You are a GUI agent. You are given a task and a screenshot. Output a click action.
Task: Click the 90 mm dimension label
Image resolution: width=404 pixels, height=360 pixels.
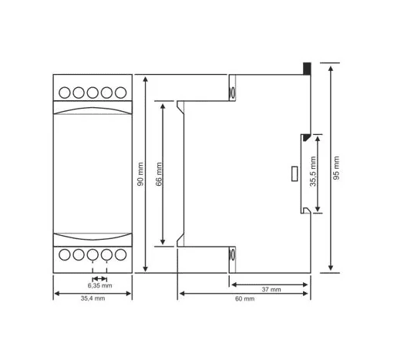click(x=140, y=174)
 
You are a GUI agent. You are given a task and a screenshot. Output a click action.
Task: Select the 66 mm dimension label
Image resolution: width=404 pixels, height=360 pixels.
click(x=159, y=174)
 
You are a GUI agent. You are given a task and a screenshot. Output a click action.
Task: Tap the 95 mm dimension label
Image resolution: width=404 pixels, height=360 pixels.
click(x=336, y=168)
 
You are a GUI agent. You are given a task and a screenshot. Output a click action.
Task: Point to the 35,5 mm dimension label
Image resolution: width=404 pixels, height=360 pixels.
click(x=313, y=171)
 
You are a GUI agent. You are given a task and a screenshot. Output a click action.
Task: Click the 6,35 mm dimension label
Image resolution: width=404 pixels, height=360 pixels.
click(x=100, y=285)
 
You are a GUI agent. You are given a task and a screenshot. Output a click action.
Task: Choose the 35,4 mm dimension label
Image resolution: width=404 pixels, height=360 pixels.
click(x=93, y=298)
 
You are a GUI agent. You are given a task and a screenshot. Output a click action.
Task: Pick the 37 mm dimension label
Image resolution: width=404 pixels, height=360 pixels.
click(x=271, y=289)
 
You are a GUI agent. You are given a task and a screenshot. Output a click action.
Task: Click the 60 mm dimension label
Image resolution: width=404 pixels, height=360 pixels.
click(x=244, y=298)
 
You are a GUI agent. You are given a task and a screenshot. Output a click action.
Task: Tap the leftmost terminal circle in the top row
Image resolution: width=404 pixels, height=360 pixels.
click(x=65, y=93)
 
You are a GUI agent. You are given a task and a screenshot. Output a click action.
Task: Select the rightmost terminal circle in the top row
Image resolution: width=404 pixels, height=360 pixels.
click(x=120, y=93)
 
